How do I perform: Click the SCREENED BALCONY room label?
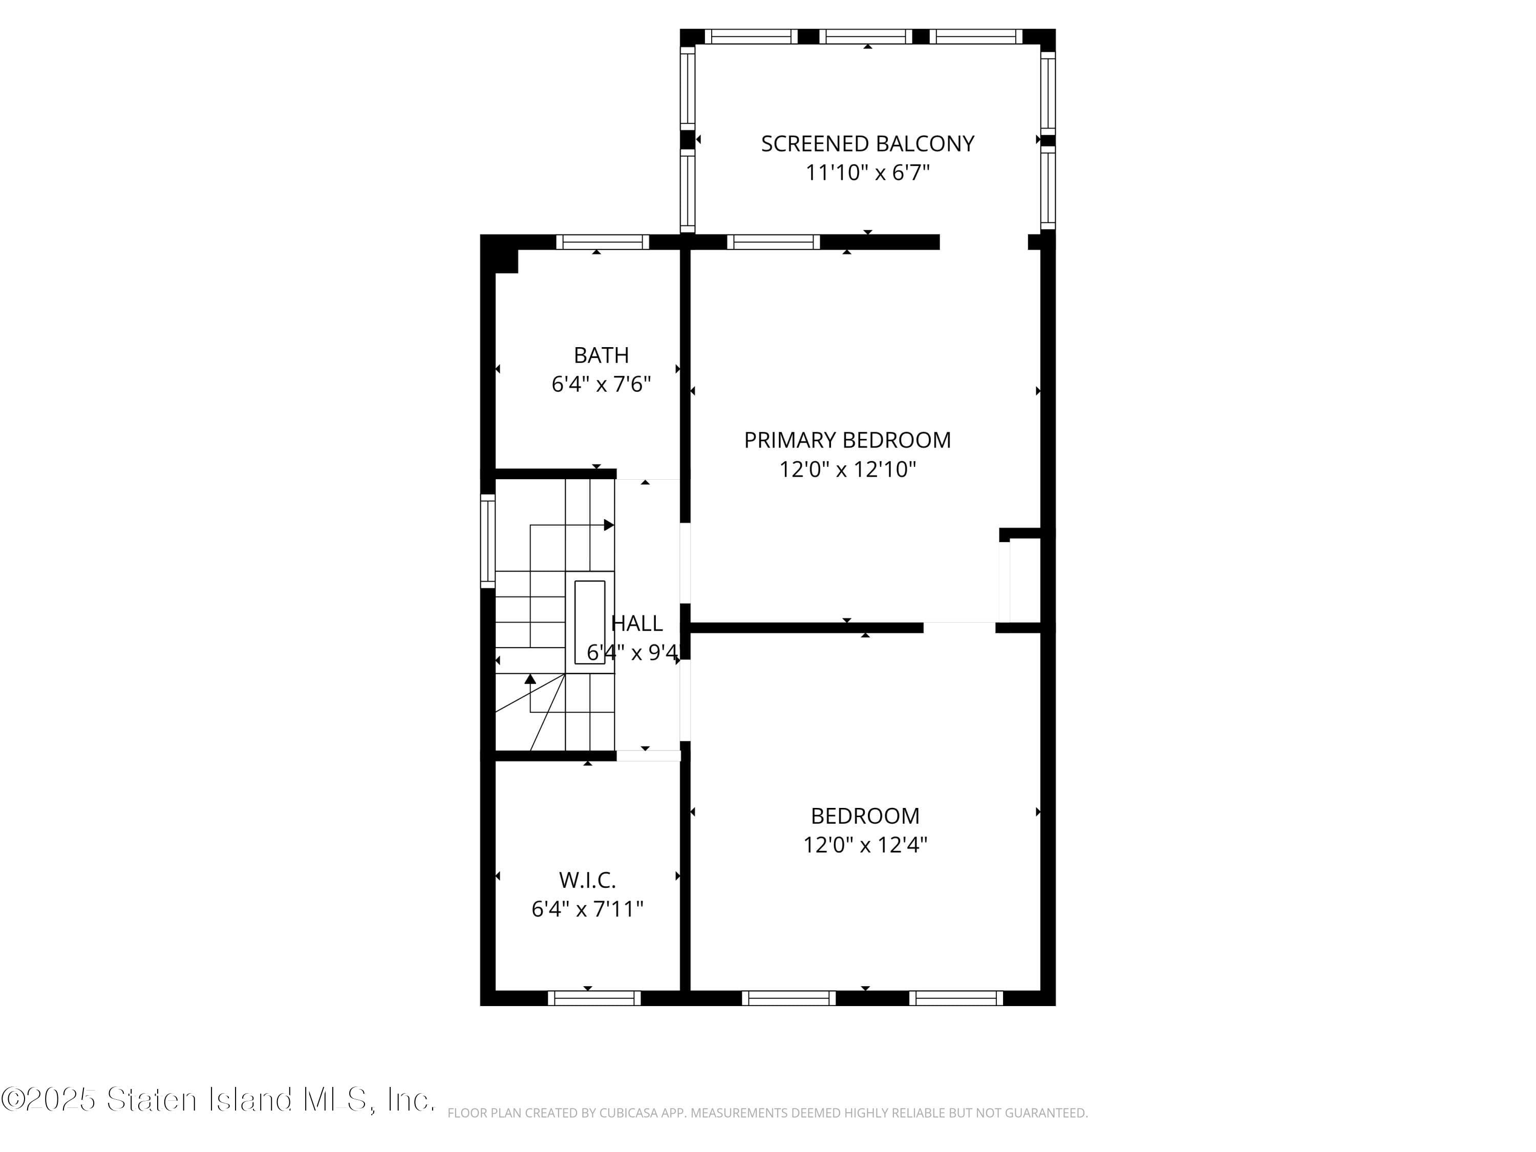(x=867, y=144)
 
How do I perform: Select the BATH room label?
(x=602, y=355)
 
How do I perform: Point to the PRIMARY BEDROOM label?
(x=847, y=439)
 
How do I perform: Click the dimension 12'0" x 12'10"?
(x=847, y=470)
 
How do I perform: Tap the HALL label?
(x=637, y=623)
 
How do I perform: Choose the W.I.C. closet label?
(x=587, y=880)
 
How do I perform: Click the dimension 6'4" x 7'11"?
(x=587, y=909)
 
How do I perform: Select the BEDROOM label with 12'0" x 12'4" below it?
(x=865, y=815)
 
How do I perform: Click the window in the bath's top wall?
(x=602, y=242)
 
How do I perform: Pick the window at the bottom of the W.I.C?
(x=594, y=998)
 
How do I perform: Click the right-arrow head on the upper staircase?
(x=609, y=525)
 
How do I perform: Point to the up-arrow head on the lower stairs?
(x=530, y=678)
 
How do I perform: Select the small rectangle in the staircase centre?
(x=589, y=622)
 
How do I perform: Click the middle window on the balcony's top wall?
(x=865, y=37)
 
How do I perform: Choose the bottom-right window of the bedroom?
(x=956, y=998)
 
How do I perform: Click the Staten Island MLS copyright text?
(x=218, y=1100)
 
